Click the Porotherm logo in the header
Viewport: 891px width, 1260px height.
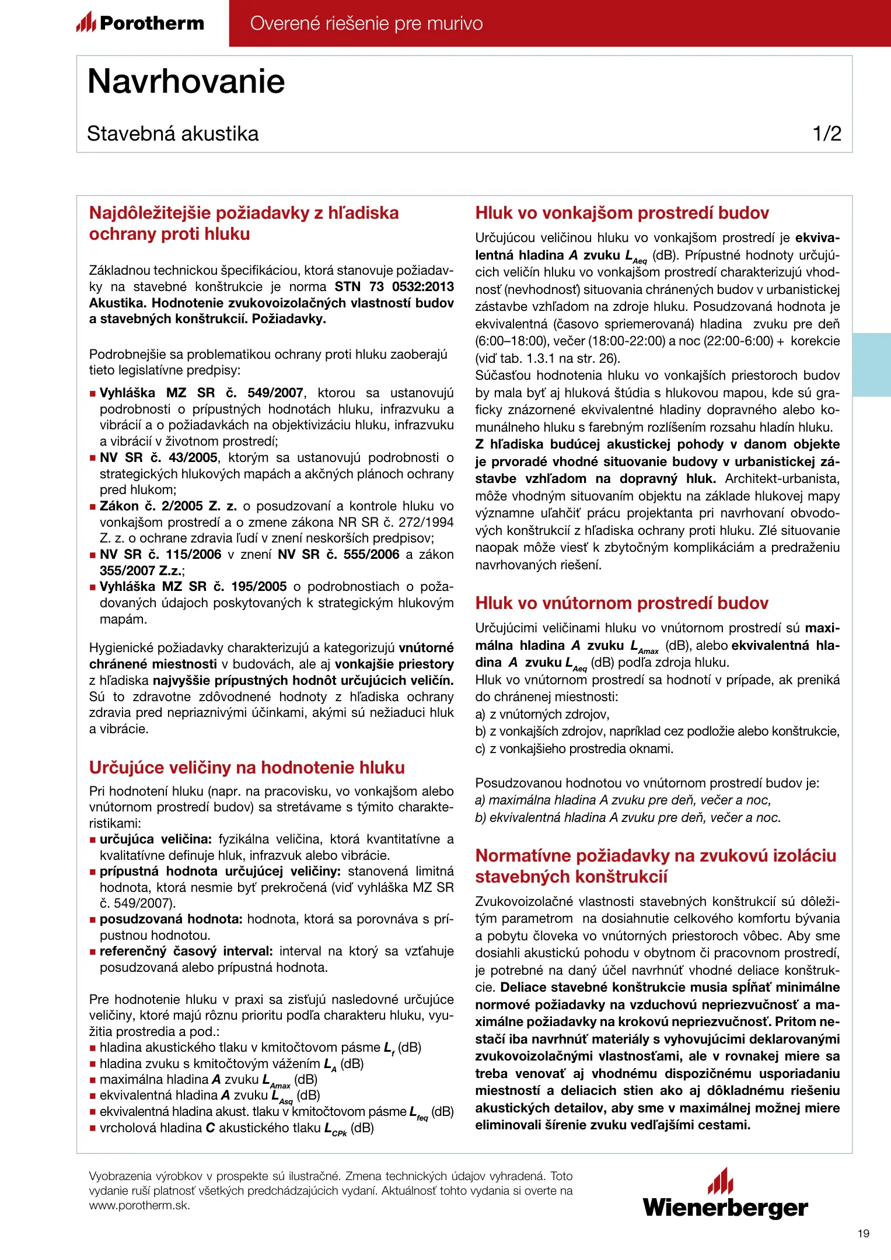click(x=140, y=23)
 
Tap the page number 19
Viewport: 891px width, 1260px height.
click(x=864, y=1233)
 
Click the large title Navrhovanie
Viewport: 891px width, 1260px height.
click(x=186, y=81)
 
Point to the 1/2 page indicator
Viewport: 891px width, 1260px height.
click(x=827, y=134)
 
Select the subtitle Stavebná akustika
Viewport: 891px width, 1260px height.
click(x=173, y=134)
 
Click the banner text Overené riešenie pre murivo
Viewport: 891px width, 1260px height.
click(x=366, y=23)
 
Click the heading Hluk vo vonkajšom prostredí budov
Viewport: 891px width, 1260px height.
click(x=622, y=213)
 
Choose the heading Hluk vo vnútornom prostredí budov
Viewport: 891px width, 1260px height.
click(x=621, y=603)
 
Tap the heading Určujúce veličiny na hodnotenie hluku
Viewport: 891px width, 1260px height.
click(x=247, y=768)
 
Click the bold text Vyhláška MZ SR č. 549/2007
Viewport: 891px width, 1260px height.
click(x=201, y=393)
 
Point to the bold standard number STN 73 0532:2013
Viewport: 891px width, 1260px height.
click(x=394, y=287)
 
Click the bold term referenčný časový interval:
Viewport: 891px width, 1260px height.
click(x=186, y=951)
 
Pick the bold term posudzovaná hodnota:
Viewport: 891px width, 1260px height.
click(x=171, y=919)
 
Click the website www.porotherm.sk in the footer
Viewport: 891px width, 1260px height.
click(x=139, y=1206)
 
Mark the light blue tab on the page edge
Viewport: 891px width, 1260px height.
click(x=871, y=365)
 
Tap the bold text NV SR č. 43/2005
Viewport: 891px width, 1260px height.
click(x=159, y=458)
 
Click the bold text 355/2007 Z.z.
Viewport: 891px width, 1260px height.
click(x=141, y=570)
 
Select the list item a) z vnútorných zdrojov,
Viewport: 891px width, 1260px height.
click(x=542, y=715)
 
